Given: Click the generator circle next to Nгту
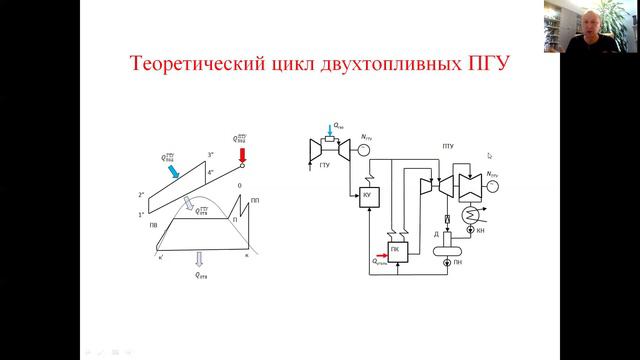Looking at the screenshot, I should [x=364, y=152].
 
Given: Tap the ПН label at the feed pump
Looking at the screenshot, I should [x=484, y=262].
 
